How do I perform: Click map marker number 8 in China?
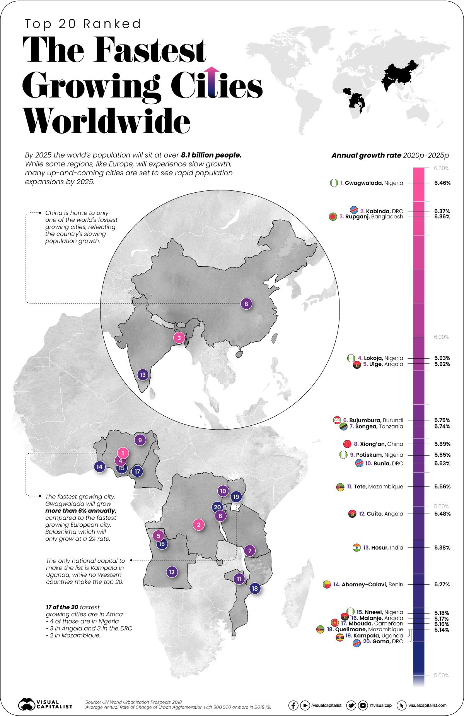click(246, 304)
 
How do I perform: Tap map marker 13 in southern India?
click(143, 375)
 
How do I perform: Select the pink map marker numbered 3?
click(179, 338)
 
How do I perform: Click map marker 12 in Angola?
click(172, 572)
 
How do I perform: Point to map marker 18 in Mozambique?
click(254, 589)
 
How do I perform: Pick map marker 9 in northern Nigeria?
click(140, 440)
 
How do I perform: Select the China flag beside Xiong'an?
click(347, 444)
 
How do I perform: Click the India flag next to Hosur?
click(357, 548)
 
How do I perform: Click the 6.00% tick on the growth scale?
click(441, 337)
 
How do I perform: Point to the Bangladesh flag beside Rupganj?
click(332, 217)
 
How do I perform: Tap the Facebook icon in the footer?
click(293, 706)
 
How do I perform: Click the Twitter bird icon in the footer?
click(351, 706)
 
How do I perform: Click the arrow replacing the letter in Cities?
click(211, 81)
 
